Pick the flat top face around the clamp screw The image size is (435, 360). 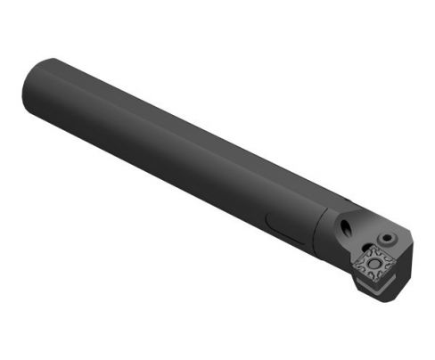coord(392,233)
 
